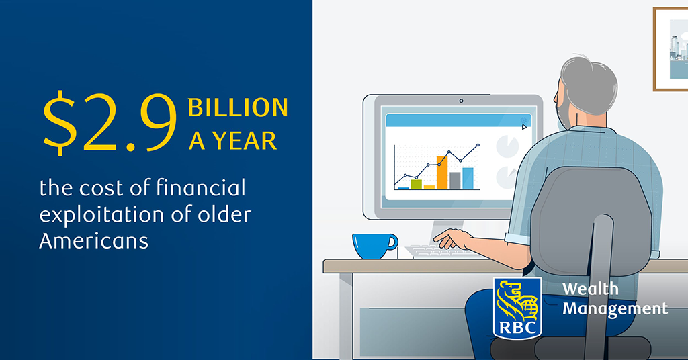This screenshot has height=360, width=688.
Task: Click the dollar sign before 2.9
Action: (x=60, y=122)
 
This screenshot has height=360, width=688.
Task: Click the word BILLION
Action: (x=238, y=107)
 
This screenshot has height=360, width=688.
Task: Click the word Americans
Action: (x=94, y=240)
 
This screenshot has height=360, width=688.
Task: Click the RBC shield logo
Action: (x=517, y=308)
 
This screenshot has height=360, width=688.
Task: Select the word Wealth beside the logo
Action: (x=590, y=289)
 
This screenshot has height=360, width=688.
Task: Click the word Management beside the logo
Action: (x=615, y=309)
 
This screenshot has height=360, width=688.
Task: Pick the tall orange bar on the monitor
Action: (x=442, y=173)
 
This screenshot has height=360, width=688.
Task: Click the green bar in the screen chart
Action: (x=416, y=184)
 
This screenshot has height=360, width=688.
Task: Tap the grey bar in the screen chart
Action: (x=455, y=181)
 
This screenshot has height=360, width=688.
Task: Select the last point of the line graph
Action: (x=478, y=144)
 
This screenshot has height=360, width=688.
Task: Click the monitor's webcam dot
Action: (x=461, y=101)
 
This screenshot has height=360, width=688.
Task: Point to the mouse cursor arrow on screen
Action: (x=524, y=127)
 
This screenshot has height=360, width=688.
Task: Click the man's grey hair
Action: (x=589, y=83)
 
